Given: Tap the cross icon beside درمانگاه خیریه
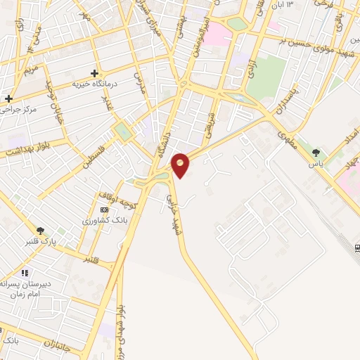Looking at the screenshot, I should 94,73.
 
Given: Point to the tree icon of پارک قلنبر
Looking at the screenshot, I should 41,229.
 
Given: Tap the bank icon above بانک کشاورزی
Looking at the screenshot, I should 104,210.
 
